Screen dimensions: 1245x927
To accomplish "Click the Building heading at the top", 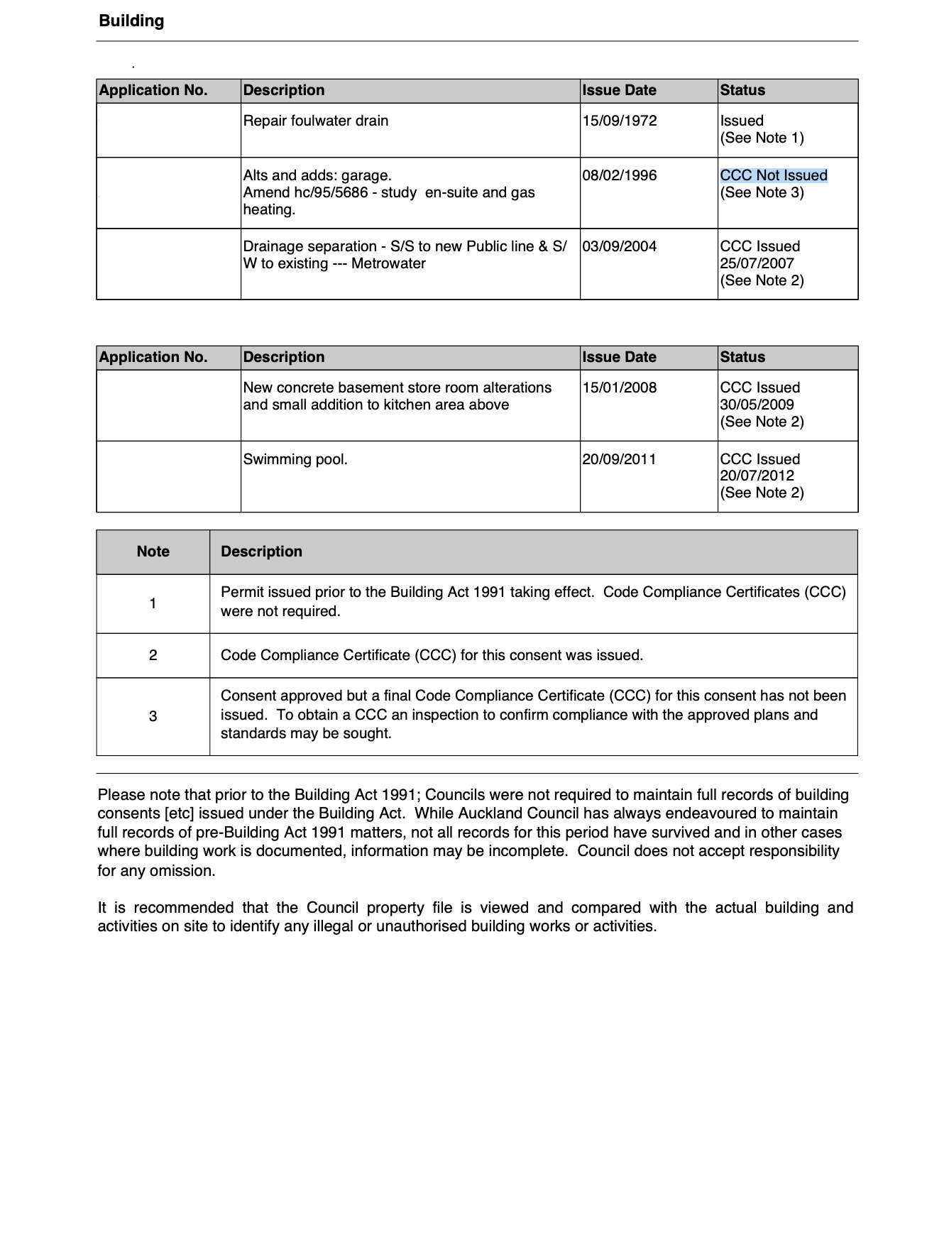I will (x=131, y=21).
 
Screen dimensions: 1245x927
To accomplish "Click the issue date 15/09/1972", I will (x=619, y=121).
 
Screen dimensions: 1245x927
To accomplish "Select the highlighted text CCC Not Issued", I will (x=773, y=175).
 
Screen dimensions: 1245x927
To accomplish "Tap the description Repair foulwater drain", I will (x=315, y=121).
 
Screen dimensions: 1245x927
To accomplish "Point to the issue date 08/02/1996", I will (x=619, y=175).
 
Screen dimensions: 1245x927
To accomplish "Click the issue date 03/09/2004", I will (x=619, y=246).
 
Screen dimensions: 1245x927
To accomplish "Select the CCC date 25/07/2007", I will (x=757, y=263).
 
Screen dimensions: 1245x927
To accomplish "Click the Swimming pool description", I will (x=295, y=459).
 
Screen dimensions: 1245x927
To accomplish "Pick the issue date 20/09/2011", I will (x=619, y=459).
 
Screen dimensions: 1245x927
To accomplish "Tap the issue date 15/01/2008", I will (x=619, y=388).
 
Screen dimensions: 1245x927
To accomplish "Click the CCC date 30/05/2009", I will (x=757, y=405).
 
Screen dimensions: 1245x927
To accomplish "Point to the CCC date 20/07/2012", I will (x=757, y=476).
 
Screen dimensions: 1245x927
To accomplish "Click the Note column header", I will (x=153, y=552).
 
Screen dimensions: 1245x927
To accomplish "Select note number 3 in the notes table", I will (x=153, y=716).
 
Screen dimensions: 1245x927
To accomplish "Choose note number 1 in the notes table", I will (x=153, y=603).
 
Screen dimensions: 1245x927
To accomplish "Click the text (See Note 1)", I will (x=762, y=138).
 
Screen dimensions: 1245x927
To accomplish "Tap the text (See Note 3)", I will (x=762, y=192).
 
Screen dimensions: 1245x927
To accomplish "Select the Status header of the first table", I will (x=742, y=90).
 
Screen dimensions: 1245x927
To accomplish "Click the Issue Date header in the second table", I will (x=619, y=357).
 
